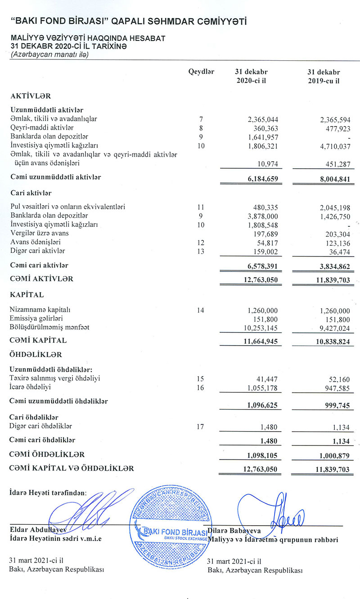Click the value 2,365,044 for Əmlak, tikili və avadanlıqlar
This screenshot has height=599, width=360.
(263, 119)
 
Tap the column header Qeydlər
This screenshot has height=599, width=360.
(201, 72)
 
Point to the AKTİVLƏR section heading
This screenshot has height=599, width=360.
(31, 96)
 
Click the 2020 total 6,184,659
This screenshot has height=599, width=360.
(263, 179)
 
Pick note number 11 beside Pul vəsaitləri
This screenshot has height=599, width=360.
(201, 207)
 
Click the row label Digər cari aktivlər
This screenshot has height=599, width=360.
(38, 251)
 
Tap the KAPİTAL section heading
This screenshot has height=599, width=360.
(27, 295)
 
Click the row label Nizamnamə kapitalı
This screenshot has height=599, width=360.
(40, 310)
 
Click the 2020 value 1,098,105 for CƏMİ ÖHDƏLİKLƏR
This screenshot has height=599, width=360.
(263, 455)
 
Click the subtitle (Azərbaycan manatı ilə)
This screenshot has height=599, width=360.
(50, 55)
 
